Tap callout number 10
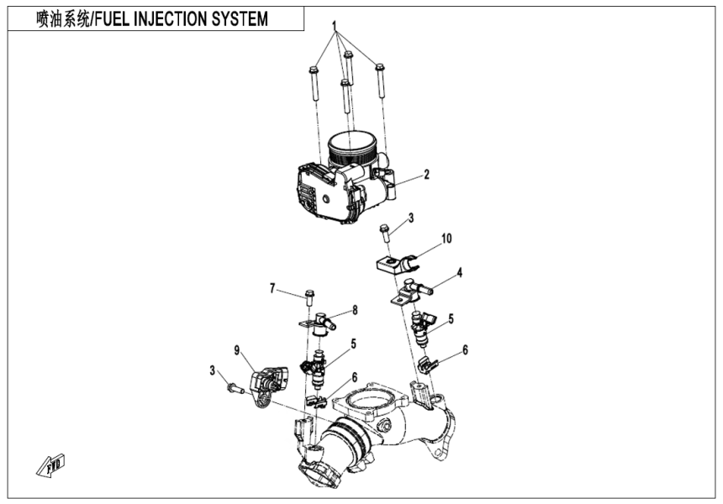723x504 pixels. click(x=446, y=239)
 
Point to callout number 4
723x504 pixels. click(x=460, y=272)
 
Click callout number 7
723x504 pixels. click(x=272, y=289)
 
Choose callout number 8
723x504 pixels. click(x=355, y=310)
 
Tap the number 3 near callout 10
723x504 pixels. click(x=411, y=218)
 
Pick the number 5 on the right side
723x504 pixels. click(x=451, y=318)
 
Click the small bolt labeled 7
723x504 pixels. click(x=309, y=297)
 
